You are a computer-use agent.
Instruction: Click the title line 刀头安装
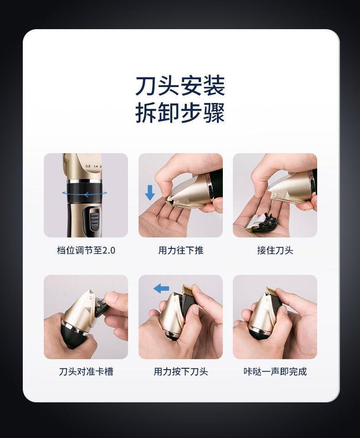coord(180,86)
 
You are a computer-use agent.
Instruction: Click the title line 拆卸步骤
coord(180,113)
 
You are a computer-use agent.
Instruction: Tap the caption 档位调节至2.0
coord(86,250)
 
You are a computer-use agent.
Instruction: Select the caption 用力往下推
coord(181,250)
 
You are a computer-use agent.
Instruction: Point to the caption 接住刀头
coord(275,250)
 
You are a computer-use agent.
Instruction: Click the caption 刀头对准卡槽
coord(86,372)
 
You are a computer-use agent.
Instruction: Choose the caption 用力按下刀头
coord(181,372)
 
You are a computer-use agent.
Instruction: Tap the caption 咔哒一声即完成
coord(275,372)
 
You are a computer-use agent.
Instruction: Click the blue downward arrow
coord(150,193)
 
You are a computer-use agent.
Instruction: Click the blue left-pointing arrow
coord(161,288)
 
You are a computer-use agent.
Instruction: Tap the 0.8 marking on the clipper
coord(88,166)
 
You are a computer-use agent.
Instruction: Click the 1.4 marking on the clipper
coord(96,166)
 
